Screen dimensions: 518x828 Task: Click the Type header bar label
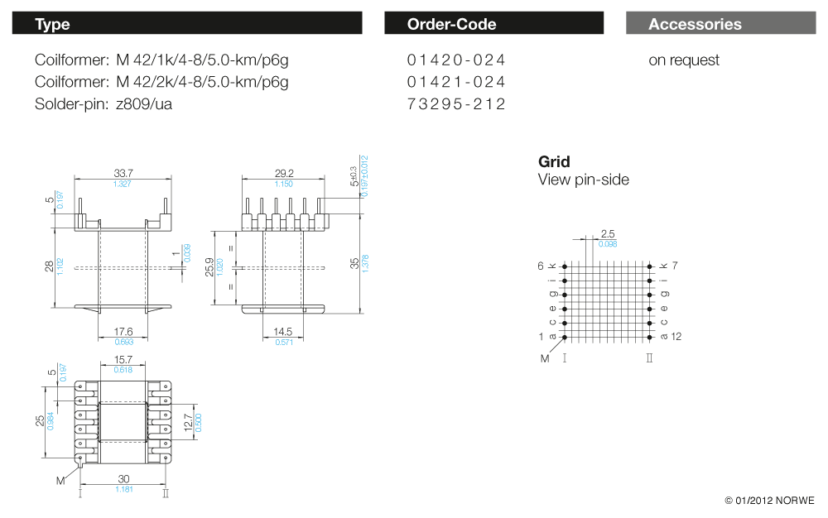click(52, 24)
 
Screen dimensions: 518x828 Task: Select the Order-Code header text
click(451, 24)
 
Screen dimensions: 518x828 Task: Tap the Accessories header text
click(695, 24)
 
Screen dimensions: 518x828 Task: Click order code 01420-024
click(456, 60)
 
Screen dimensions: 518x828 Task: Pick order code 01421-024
click(456, 82)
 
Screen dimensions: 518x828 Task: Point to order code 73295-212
click(456, 103)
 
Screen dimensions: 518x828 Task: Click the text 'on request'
click(684, 60)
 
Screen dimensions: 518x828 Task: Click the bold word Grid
click(554, 161)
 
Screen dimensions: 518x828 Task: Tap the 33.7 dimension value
click(123, 173)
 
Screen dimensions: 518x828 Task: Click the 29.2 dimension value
click(284, 173)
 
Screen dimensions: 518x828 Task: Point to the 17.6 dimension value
click(123, 332)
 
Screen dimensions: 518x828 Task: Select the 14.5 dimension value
click(283, 332)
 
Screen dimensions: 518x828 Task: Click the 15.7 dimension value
click(123, 361)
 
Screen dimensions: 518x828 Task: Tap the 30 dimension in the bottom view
click(123, 479)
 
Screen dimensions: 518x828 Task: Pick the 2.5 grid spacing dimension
click(608, 234)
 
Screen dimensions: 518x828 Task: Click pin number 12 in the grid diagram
click(676, 336)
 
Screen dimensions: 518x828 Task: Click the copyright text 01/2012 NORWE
click(769, 501)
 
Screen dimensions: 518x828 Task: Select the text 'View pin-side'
click(583, 180)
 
